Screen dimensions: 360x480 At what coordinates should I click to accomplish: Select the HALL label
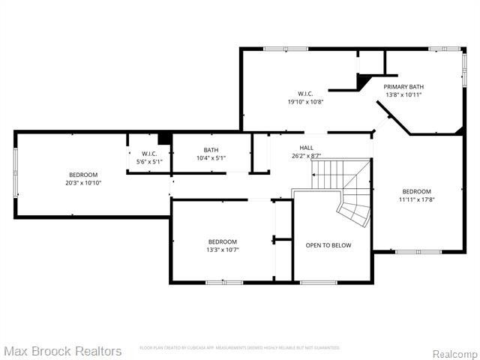click(306, 148)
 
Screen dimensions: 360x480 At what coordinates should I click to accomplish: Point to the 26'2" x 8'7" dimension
click(306, 156)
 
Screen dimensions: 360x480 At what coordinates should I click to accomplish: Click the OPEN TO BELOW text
click(328, 246)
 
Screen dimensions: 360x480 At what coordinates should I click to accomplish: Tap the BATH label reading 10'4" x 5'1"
click(211, 150)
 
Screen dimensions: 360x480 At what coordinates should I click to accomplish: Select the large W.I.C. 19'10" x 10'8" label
click(305, 94)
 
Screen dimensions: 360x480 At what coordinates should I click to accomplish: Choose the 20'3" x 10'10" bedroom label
click(82, 175)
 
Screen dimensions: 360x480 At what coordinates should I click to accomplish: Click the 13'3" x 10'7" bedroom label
click(222, 241)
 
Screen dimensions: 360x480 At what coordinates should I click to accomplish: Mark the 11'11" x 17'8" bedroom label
click(416, 191)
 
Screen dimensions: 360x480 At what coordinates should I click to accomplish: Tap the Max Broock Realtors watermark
click(63, 351)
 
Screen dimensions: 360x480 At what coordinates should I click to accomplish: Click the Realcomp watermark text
click(455, 353)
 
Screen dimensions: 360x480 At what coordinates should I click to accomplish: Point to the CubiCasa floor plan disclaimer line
click(240, 348)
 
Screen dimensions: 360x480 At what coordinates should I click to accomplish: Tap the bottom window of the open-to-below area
click(318, 282)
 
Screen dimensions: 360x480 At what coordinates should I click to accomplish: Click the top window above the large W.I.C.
click(285, 49)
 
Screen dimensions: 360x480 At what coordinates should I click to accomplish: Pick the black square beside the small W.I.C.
click(164, 139)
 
